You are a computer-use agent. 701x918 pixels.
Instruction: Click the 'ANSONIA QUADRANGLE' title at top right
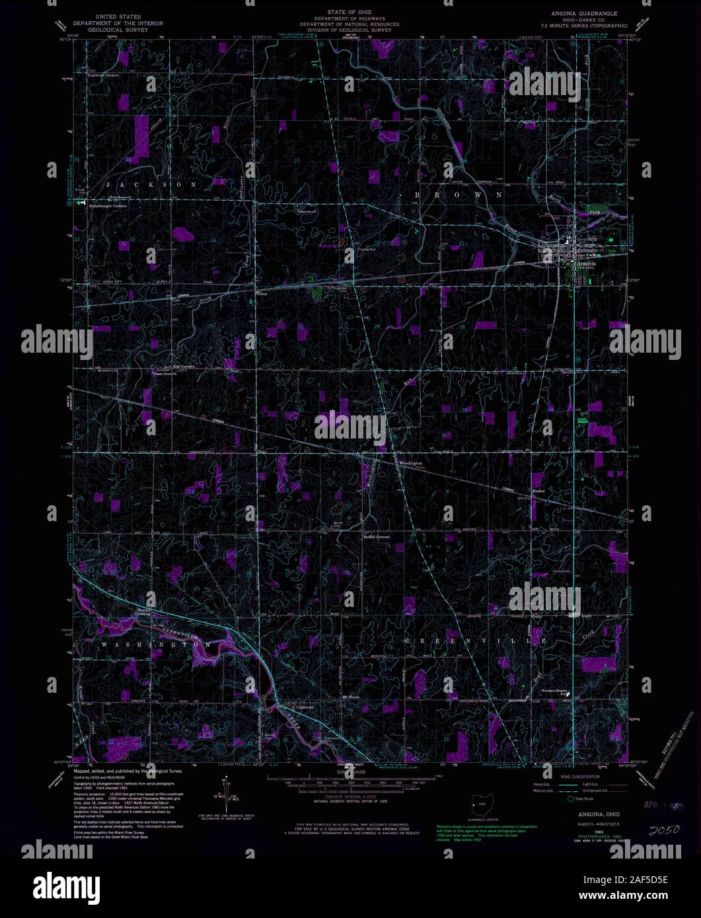(x=579, y=13)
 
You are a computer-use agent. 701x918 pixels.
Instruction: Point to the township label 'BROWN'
(x=459, y=195)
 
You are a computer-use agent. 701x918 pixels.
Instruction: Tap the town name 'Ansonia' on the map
(x=585, y=262)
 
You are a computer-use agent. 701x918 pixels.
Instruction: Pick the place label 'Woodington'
(x=410, y=463)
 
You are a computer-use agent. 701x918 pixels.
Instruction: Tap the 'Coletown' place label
(x=304, y=707)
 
